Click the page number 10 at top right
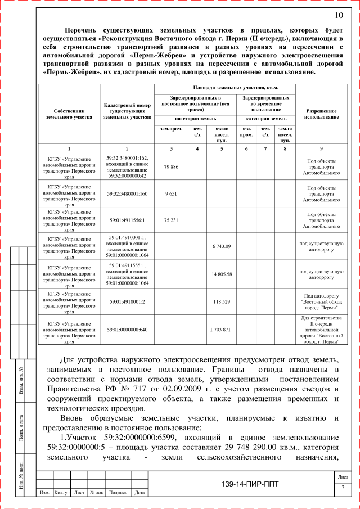click(x=339, y=15)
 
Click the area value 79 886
click(x=171, y=167)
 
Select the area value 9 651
click(x=171, y=193)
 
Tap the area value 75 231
click(x=171, y=220)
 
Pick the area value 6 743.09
click(x=222, y=246)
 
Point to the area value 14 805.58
click(x=222, y=273)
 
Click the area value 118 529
click(x=222, y=301)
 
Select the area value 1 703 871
click(x=222, y=329)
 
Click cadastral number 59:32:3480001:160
click(x=127, y=193)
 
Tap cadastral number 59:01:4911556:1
click(x=127, y=220)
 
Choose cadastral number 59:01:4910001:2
click(x=127, y=301)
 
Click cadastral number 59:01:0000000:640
click(x=127, y=329)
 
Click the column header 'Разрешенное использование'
click(x=321, y=114)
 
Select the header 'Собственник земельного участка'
click(x=69, y=114)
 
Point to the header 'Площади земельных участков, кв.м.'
click(x=225, y=88)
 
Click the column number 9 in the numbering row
click(x=321, y=148)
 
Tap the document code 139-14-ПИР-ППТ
click(x=250, y=484)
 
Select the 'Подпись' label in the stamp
click(x=118, y=493)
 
